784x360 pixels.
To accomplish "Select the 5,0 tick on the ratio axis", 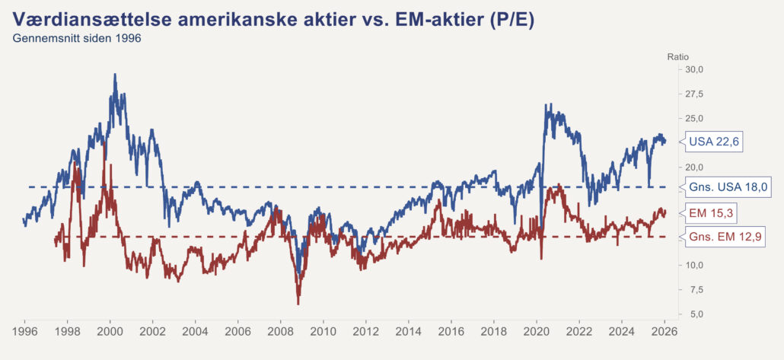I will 696,314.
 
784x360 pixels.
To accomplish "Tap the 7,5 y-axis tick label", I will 696,289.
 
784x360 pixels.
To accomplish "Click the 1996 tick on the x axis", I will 24,332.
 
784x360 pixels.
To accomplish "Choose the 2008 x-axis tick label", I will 281,332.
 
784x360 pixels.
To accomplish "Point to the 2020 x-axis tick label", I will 537,332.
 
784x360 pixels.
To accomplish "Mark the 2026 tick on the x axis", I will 664,332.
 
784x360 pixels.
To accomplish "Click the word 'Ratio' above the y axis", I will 677,56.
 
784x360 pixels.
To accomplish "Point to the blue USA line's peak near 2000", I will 115,75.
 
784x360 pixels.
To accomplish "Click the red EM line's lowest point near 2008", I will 298,304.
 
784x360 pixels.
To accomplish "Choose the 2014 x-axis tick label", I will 409,332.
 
